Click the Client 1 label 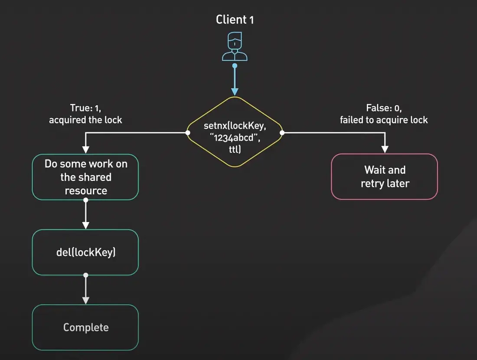(235, 20)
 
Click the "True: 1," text (85, 108)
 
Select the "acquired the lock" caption (85, 120)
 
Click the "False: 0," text (383, 108)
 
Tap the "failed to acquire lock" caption (384, 120)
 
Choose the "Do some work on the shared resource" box (85, 177)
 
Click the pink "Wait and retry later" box (385, 177)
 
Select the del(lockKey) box (85, 252)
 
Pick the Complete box (85, 327)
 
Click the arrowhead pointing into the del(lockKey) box (85, 225)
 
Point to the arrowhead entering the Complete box (85, 300)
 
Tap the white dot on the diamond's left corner (188, 133)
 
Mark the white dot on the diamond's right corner (282, 133)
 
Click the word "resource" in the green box (85, 190)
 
